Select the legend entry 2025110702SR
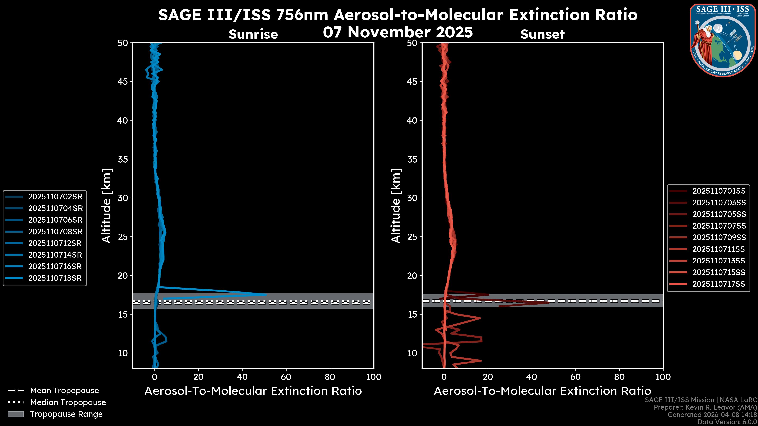coord(55,197)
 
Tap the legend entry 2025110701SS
coord(719,191)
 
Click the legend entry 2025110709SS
coord(719,237)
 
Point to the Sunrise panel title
coord(253,34)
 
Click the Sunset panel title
coord(542,34)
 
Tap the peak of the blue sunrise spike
coord(266,294)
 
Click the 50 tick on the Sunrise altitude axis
coord(123,43)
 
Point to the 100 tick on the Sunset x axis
coord(663,377)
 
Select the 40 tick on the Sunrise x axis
coord(242,377)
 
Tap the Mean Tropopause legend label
coord(64,391)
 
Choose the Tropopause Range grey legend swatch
coord(16,414)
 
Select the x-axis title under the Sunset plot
coord(542,391)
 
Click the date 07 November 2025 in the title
coord(398,32)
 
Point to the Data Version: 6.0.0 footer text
coord(727,422)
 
